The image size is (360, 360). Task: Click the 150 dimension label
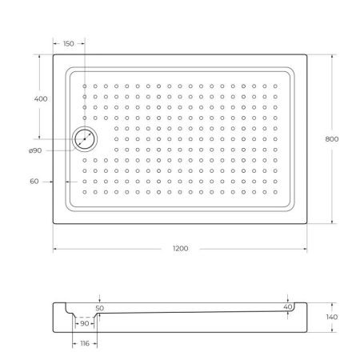[x=68, y=44]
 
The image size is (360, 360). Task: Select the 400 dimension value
[x=42, y=98]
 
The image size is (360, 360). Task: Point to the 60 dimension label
[x=34, y=182]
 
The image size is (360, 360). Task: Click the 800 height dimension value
[x=332, y=138]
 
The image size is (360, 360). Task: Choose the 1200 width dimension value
[x=180, y=249]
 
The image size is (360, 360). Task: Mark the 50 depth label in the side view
[x=99, y=307]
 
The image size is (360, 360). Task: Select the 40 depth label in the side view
[x=287, y=306]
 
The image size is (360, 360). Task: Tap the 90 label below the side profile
[x=85, y=324]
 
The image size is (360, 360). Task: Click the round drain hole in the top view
[x=84, y=139]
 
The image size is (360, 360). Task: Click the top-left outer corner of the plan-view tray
[x=54, y=54]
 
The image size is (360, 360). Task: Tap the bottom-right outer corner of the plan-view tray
[x=307, y=223]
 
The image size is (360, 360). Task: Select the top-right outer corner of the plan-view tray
[x=307, y=54]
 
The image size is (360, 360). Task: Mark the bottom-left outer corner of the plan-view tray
[x=54, y=223]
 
